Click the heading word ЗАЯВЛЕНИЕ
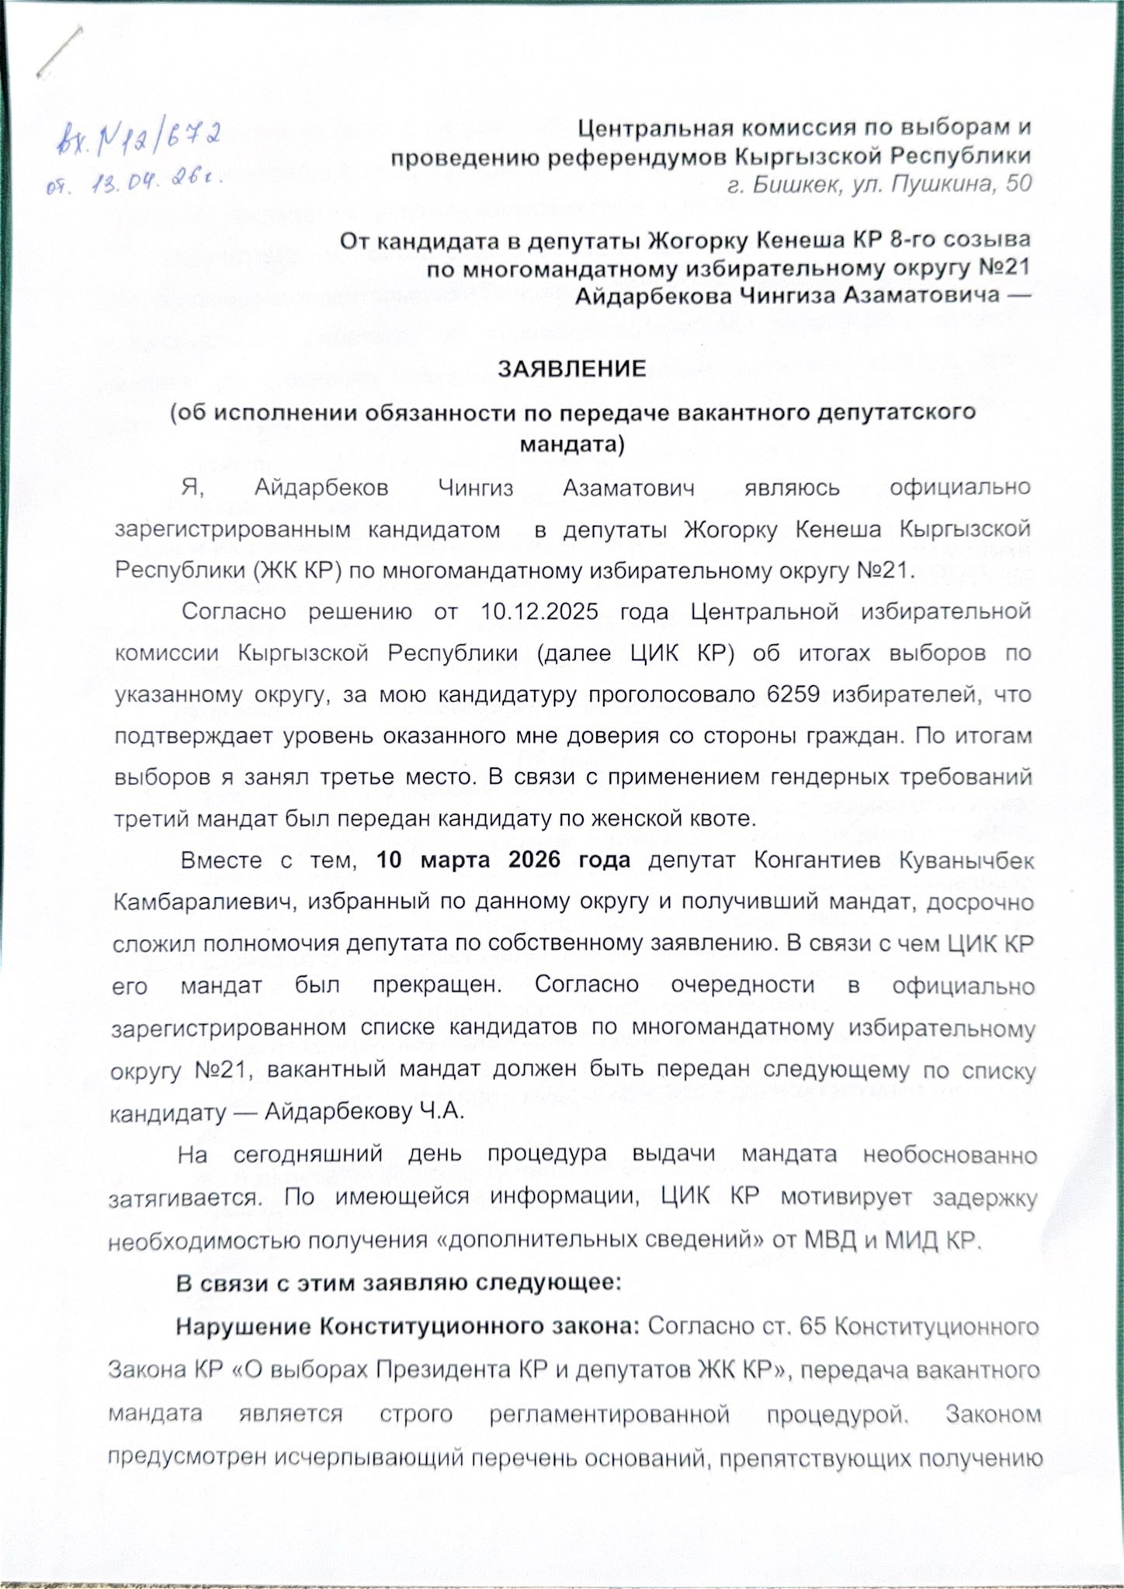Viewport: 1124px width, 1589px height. pos(572,368)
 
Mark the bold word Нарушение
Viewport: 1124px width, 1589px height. pos(241,1327)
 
